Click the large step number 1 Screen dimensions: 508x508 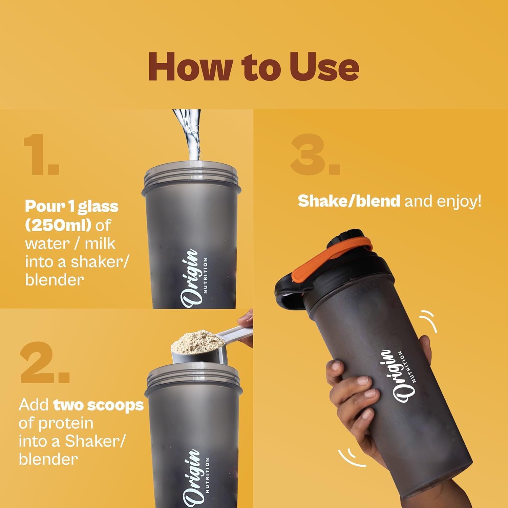click(x=41, y=154)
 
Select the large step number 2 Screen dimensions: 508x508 click(x=44, y=362)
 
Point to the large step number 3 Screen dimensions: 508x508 click(x=315, y=154)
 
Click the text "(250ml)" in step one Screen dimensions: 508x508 click(x=58, y=225)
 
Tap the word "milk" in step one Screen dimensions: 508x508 click(x=100, y=244)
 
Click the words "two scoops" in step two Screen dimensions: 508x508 click(x=99, y=405)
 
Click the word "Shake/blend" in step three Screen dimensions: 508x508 click(x=349, y=201)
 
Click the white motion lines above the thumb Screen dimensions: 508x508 click(x=428, y=322)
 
